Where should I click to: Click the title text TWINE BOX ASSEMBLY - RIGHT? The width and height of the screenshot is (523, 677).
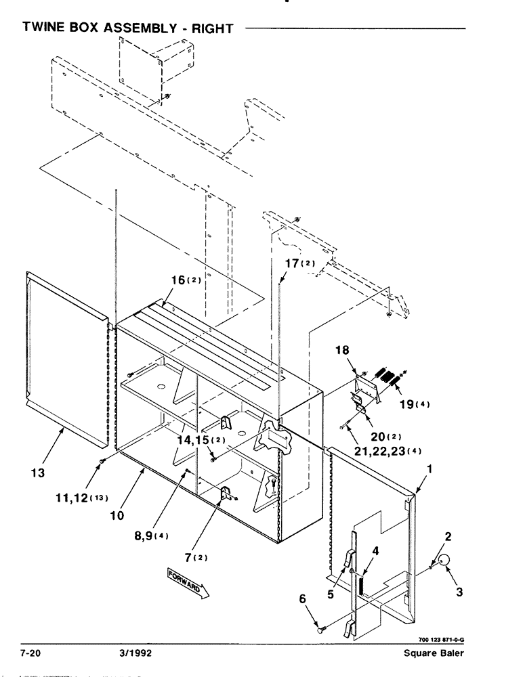coord(128,28)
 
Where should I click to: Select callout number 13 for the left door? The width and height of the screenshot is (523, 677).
coord(38,473)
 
